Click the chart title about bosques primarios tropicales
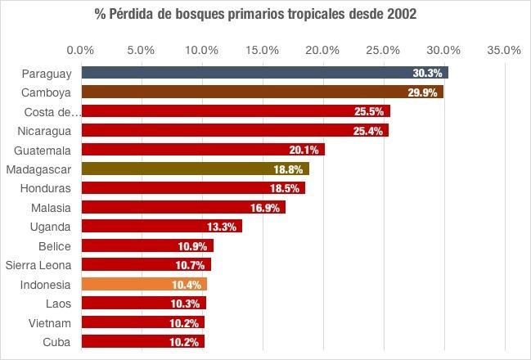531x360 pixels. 265,16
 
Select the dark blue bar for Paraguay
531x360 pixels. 263,73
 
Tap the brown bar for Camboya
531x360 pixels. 261,92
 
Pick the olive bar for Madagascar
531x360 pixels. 195,169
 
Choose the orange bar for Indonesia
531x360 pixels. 144,284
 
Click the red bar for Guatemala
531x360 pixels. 202,149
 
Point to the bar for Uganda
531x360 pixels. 161,227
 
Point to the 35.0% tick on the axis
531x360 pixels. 504,50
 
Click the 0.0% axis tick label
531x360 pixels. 81,50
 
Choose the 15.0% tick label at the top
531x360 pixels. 262,50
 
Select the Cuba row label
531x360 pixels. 56,341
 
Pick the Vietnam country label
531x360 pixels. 51,322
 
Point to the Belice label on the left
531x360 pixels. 55,245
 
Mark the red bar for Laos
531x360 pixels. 143,303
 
